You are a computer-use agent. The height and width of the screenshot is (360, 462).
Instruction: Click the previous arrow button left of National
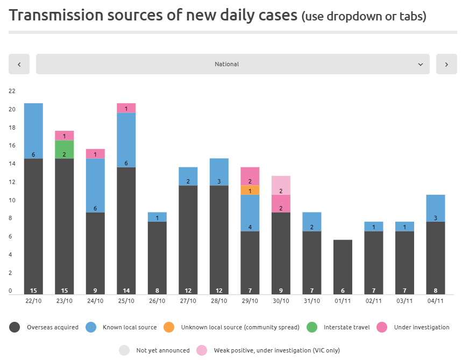19,64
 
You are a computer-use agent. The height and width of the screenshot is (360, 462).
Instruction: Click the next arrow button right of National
446,64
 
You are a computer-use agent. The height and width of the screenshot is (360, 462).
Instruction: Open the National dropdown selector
232,64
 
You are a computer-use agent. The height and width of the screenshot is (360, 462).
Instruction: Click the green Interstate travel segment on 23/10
65,150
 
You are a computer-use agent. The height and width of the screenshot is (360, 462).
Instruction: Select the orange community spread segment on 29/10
250,190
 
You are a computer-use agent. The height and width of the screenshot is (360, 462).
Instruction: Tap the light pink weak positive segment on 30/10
281,185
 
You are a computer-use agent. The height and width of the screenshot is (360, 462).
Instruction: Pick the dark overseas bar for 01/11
343,267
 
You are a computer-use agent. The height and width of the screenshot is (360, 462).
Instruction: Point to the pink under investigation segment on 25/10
126,108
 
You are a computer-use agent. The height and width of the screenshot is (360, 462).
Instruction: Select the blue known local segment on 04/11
436,208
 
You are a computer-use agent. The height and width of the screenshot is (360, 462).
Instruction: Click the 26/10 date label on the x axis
157,300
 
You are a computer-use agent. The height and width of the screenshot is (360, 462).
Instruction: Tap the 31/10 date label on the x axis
312,300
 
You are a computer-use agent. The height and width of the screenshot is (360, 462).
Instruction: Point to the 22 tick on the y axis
12,91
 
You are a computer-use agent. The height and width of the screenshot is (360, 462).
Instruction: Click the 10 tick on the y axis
12,201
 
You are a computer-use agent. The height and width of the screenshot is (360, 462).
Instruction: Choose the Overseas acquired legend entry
46,327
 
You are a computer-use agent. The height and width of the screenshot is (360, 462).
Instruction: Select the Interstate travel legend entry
339,327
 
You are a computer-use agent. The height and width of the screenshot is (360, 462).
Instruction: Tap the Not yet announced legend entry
155,350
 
